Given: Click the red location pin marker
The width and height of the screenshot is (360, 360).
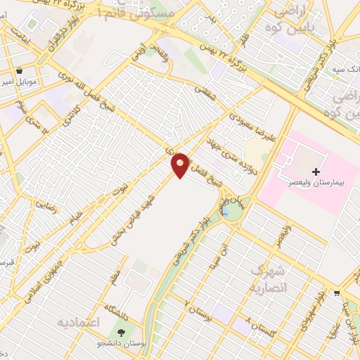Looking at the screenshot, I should [x=181, y=165].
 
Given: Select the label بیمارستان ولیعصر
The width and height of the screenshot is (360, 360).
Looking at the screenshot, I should [x=316, y=181].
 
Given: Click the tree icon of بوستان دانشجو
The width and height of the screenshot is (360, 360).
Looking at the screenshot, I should [x=122, y=333].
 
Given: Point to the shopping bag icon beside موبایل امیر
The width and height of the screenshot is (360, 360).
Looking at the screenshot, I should [x=19, y=71].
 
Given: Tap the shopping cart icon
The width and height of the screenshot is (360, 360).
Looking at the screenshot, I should [x=338, y=294].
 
